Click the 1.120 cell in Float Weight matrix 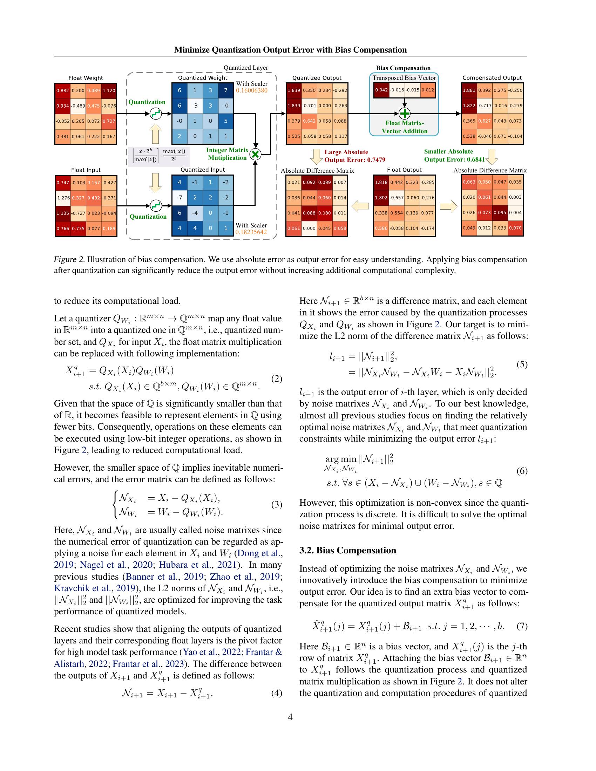pos(109,90)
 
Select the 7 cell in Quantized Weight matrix pos(226,90)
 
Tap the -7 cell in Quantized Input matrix pos(180,197)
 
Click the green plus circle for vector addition pos(404,113)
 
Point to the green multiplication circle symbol pos(255,154)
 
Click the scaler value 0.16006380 pos(251,90)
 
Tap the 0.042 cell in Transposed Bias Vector pos(381,90)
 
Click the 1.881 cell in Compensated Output pos(469,90)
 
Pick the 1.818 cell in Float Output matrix pos(381,183)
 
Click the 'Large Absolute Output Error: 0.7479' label pos(354,156)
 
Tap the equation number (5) pos(522,364)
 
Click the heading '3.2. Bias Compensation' pos(347,550)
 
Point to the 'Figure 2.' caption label pos(69,259)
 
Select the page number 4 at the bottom pos(290,717)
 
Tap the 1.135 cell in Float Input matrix pos(62,213)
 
